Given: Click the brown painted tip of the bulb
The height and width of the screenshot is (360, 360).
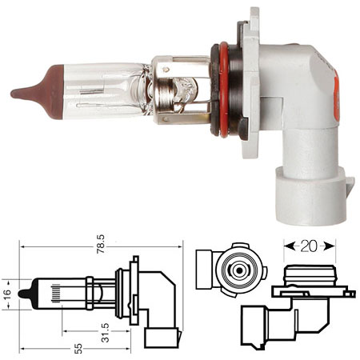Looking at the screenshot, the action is [42, 92].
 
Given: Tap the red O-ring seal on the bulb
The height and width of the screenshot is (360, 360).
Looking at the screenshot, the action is [223, 90].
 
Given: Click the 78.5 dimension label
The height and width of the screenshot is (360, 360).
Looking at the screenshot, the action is [101, 244].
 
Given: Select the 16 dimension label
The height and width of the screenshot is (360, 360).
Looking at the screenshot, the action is [7, 294].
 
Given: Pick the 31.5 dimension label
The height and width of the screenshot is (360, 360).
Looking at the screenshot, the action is [106, 332].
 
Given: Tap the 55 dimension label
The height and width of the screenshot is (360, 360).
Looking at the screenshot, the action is [78, 349].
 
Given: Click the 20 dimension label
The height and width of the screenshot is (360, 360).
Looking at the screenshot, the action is [309, 246].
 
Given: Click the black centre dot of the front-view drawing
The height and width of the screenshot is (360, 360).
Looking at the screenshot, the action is [239, 270].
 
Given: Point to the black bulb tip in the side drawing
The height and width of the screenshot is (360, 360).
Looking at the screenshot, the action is [25, 294].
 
